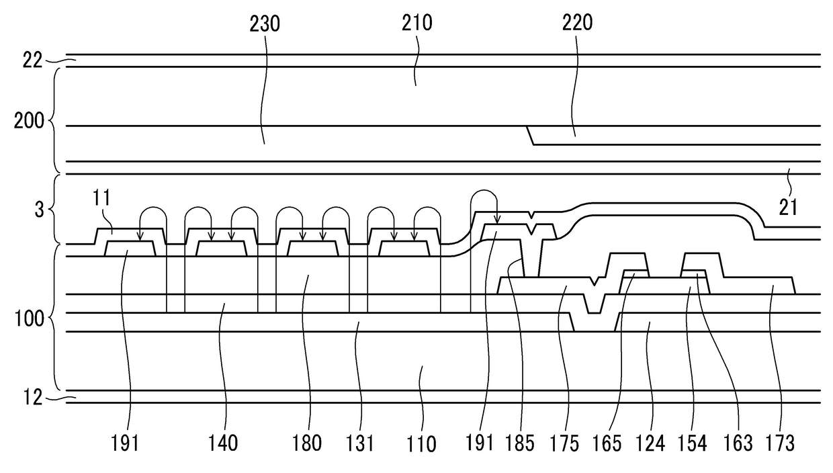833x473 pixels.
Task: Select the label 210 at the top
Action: click(418, 24)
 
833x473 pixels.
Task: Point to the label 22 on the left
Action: click(32, 60)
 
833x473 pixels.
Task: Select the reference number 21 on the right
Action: click(788, 207)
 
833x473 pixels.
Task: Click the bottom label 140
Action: click(224, 443)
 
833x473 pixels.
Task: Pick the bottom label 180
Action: click(307, 443)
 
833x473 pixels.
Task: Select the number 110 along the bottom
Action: click(421, 444)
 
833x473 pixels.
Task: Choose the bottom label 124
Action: click(650, 443)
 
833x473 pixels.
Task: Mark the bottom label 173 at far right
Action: click(780, 443)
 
